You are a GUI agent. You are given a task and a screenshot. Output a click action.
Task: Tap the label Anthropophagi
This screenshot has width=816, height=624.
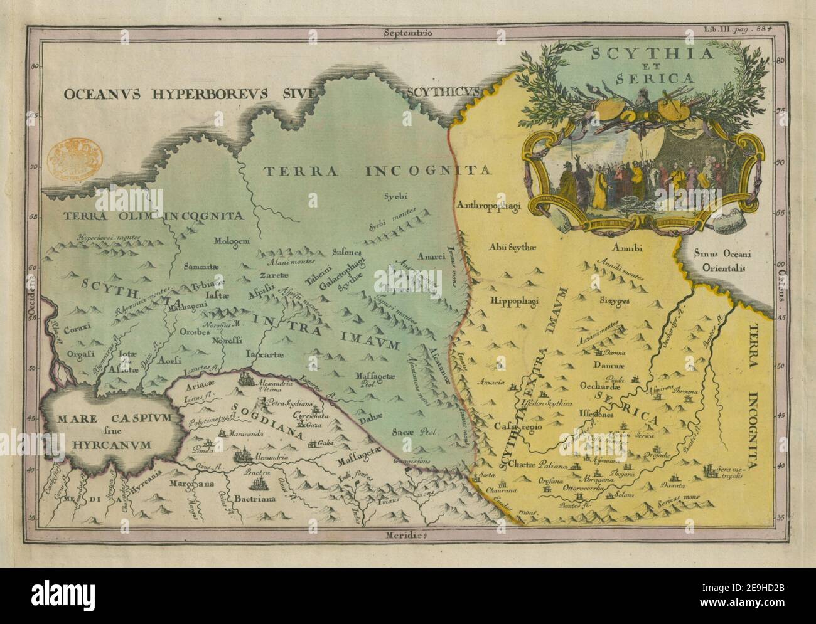[x=491, y=204]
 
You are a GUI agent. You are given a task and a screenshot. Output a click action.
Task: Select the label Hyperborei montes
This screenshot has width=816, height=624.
[x=111, y=238]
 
